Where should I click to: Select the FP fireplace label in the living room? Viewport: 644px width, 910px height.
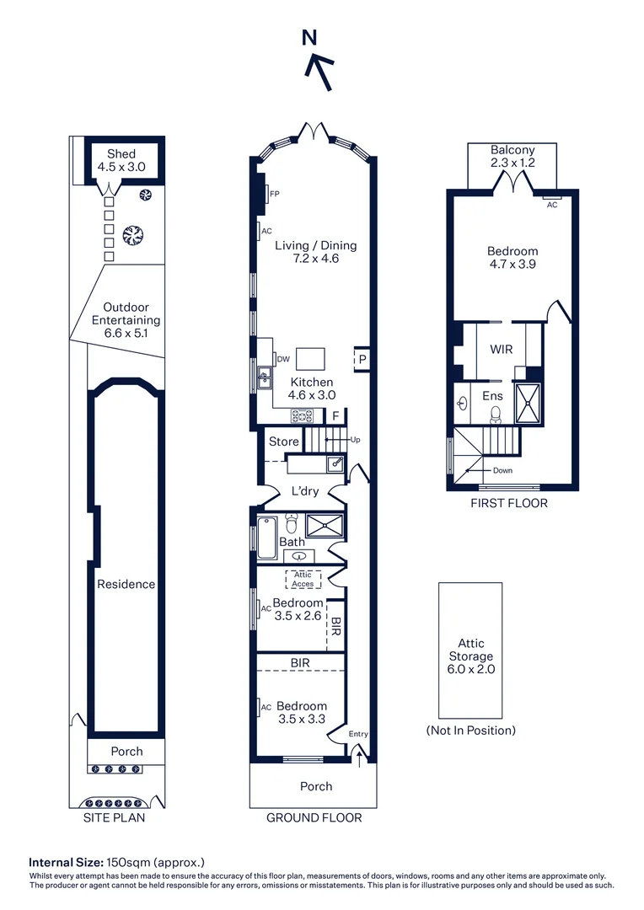pos(274,194)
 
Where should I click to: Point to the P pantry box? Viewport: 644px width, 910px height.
pos(362,358)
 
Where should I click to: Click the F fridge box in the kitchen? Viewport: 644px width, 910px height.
pos(335,415)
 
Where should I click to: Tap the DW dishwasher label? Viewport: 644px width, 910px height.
pos(283,359)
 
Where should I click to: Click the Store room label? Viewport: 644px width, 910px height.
pos(284,442)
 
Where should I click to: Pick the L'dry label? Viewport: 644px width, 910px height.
pos(308,491)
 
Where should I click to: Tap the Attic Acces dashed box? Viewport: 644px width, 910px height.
pos(303,579)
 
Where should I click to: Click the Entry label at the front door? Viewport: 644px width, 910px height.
pos(358,734)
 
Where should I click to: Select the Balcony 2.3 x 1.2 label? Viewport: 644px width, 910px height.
pos(513,156)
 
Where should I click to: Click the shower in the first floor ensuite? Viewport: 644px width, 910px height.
pos(529,403)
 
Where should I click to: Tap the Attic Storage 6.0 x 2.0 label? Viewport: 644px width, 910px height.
pos(470,656)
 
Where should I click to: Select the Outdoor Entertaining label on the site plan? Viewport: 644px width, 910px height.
pos(126,320)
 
